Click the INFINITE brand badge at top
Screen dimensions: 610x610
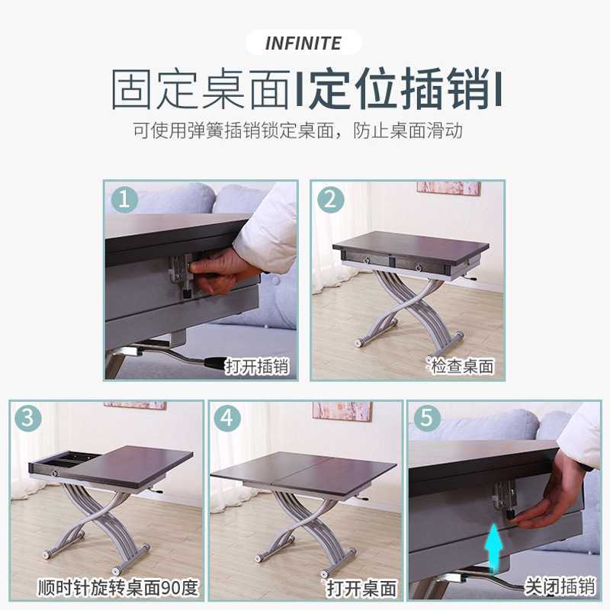[x=303, y=43]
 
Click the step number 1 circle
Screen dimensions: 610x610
[x=124, y=200]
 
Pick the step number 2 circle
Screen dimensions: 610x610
[x=329, y=200]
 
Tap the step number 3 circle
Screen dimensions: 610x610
[x=27, y=419]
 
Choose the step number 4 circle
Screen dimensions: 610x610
[x=227, y=419]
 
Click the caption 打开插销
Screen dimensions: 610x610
[x=257, y=367]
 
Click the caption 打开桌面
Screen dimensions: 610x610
[x=362, y=588]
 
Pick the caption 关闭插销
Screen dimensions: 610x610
[x=559, y=586]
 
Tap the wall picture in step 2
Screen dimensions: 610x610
[x=448, y=188]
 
